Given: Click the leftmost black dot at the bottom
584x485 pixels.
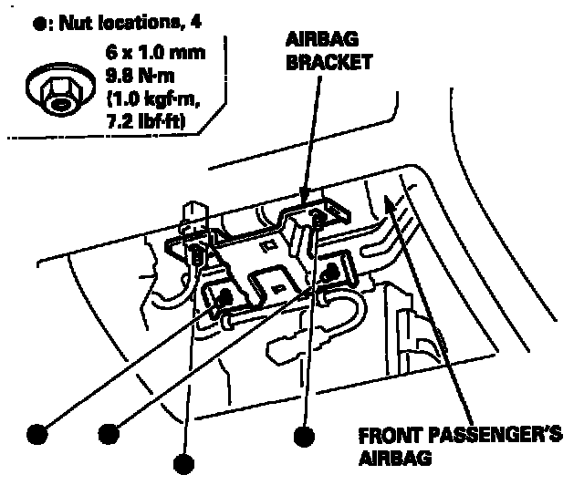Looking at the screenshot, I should coord(36,431).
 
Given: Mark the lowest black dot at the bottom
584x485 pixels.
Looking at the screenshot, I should coord(185,463).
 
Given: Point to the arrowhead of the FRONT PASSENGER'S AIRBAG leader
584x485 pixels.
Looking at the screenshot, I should coord(391,200).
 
